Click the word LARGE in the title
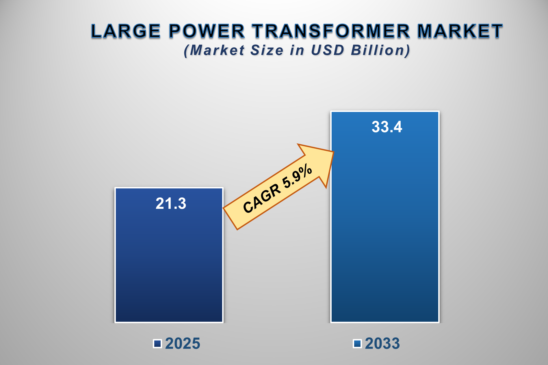126,31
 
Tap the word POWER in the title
207,31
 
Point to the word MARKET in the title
460,31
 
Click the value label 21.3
171,204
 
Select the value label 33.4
387,127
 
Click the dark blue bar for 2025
169,260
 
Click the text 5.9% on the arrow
297,177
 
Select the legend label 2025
183,344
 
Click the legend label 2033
382,344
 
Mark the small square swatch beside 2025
157,344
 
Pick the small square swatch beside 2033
357,344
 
